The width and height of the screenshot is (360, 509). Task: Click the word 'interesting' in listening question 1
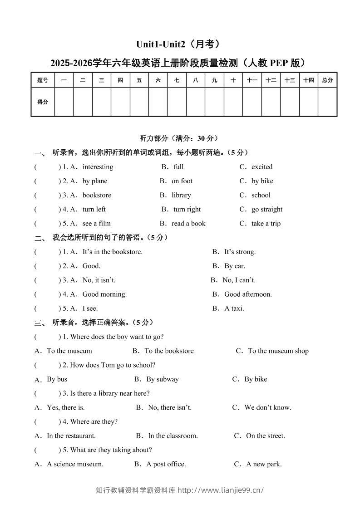(98, 167)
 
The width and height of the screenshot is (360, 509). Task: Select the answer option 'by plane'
(95, 181)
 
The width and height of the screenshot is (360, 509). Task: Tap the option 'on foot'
(182, 181)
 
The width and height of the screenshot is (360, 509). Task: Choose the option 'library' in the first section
(181, 195)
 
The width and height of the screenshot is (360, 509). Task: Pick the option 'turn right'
(187, 209)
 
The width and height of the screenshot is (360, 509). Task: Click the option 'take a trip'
(266, 223)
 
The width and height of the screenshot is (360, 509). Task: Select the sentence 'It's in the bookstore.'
(113, 252)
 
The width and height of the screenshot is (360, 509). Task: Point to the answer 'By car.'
(235, 266)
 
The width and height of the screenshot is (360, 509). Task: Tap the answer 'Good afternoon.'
(248, 294)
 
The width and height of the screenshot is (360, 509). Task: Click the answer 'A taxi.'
(234, 308)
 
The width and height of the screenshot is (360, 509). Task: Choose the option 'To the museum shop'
(278, 351)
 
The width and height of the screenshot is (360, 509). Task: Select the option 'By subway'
(163, 379)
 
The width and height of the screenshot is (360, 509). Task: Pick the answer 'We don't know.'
(268, 407)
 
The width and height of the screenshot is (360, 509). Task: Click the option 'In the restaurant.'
(71, 436)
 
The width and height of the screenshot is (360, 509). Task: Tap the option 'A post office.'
(166, 464)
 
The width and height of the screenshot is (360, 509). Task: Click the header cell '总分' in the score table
(327, 80)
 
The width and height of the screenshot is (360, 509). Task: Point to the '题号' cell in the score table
(43, 80)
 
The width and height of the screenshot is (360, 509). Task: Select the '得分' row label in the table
(43, 102)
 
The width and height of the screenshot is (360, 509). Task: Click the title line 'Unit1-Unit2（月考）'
(180, 44)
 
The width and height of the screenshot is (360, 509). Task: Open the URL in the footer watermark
(221, 490)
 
